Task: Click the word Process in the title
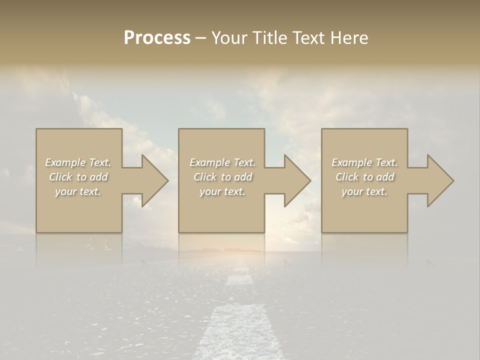click(x=157, y=38)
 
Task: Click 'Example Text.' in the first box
click(x=78, y=162)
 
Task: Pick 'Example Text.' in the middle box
click(x=222, y=162)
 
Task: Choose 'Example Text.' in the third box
click(x=364, y=162)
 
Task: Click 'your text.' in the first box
click(x=78, y=191)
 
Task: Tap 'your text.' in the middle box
click(x=222, y=191)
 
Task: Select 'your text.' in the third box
click(x=364, y=191)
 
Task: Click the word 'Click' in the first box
click(x=60, y=177)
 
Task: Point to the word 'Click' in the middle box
click(x=205, y=177)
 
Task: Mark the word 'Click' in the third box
click(x=347, y=177)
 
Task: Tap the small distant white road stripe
click(x=238, y=280)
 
